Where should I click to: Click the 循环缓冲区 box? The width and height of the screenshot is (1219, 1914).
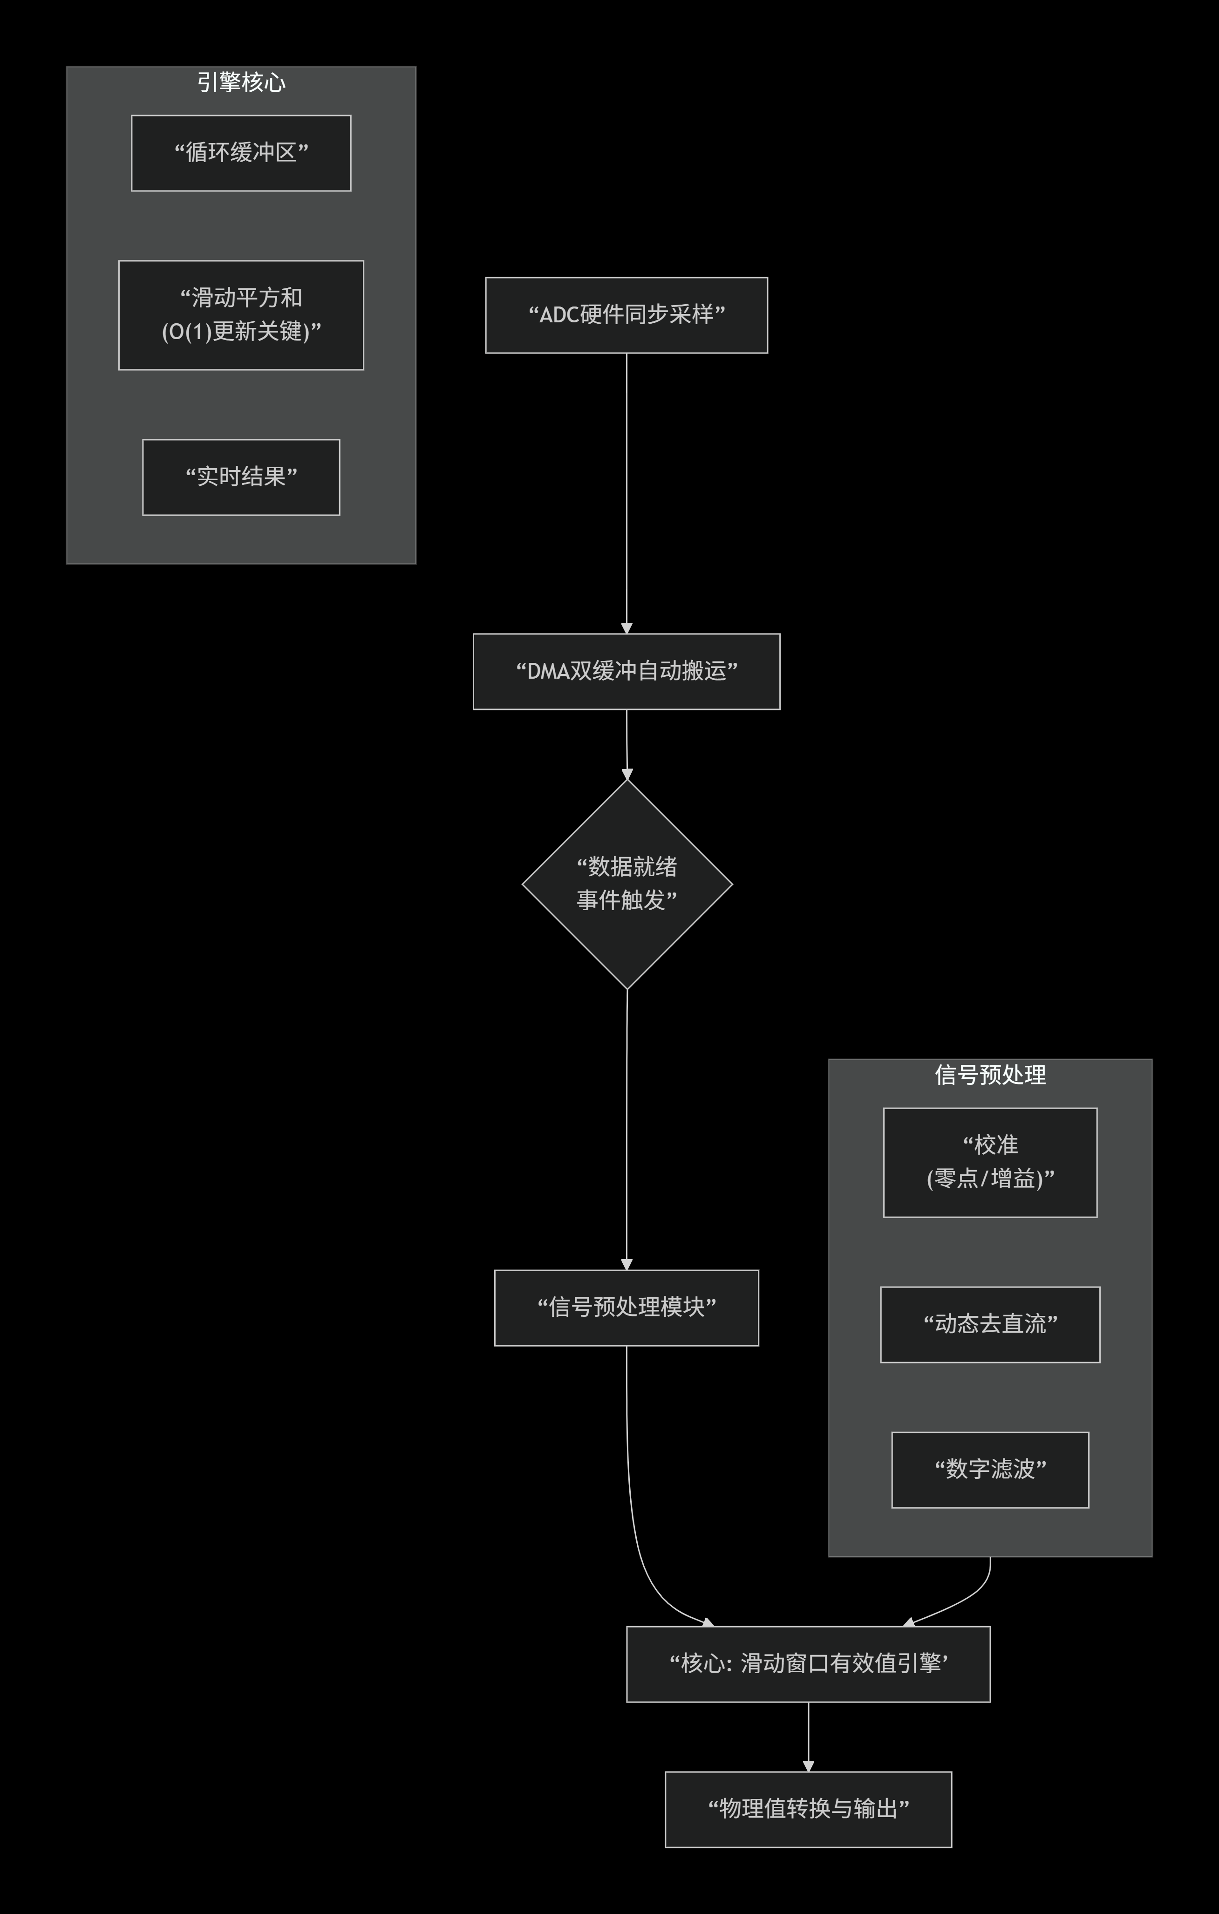coord(241,153)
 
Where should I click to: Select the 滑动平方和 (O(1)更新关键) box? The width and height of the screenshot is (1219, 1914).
coord(241,315)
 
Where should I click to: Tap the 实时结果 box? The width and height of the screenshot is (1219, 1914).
coord(241,477)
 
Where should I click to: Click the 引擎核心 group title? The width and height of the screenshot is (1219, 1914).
coord(241,82)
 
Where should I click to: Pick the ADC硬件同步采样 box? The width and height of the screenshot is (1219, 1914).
coord(626,315)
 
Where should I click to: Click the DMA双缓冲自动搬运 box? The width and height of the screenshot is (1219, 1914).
coord(626,671)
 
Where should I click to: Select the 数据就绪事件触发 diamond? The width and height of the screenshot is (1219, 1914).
coord(627,884)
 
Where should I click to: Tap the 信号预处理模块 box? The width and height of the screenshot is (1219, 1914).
coord(626,1308)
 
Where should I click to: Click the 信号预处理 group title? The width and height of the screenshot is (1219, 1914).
coord(990,1075)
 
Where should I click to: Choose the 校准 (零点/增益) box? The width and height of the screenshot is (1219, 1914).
coord(990,1162)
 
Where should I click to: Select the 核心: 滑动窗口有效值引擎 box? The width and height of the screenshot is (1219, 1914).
coord(808,1663)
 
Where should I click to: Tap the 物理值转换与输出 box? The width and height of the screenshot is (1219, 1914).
coord(808,1809)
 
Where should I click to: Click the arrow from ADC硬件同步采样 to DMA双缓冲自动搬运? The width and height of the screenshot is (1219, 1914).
coord(626,493)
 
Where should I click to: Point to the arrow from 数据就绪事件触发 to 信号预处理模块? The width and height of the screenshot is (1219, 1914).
coord(627,1129)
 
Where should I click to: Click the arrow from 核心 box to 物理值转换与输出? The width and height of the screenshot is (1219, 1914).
coord(808,1736)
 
